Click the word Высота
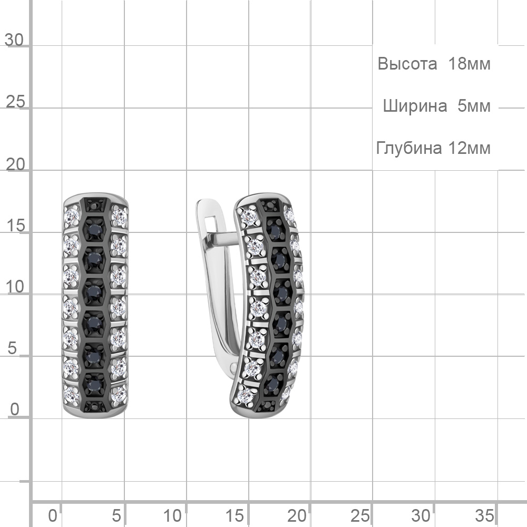click(x=407, y=64)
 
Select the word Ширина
click(x=415, y=106)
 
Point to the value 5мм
click(x=474, y=106)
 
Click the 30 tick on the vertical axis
click(x=14, y=40)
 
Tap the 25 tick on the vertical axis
click(x=15, y=102)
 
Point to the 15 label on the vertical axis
click(x=15, y=226)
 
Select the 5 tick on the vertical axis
click(x=12, y=348)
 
